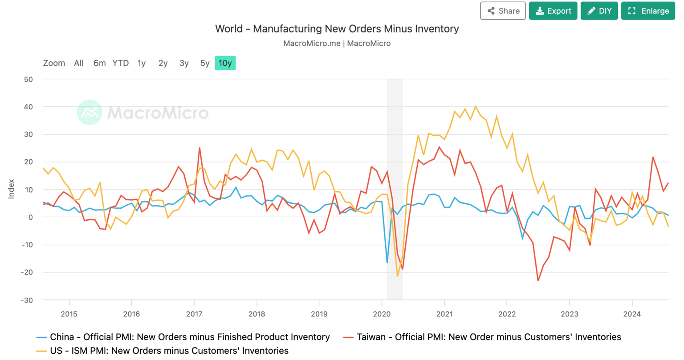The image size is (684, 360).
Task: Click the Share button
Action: pos(503,11)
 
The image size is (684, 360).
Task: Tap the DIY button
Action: pos(599,11)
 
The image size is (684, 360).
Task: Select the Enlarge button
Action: pos(648,11)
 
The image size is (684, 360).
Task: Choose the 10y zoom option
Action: pos(225,63)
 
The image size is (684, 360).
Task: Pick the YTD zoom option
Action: pos(120,63)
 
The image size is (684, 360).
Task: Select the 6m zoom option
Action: pos(99,63)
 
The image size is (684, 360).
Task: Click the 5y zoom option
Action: pos(204,63)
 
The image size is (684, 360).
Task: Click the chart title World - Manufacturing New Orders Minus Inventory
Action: pos(337,29)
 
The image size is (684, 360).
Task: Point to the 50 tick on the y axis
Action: pos(28,80)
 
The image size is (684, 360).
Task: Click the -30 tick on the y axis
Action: pos(27,300)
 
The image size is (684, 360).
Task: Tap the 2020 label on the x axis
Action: pos(382,314)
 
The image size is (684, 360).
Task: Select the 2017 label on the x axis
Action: pos(194,314)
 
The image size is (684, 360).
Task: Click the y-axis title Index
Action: pos(12,189)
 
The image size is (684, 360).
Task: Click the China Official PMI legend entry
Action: pos(189,337)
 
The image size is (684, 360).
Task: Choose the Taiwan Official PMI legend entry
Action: pos(489,337)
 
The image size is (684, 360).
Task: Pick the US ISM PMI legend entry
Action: pos(169,351)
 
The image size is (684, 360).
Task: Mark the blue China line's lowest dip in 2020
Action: pos(387,263)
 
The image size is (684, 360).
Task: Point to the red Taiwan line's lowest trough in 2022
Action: pos(538,280)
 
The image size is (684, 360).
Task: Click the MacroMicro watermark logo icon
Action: pos(90,113)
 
